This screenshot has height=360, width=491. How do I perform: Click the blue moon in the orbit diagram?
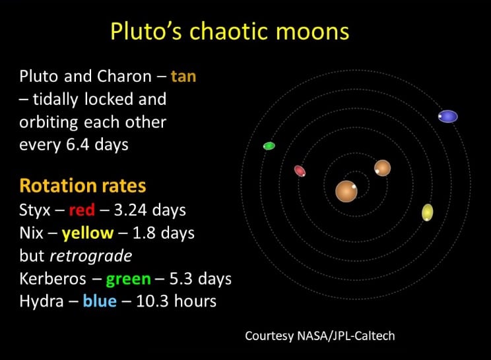(448, 116)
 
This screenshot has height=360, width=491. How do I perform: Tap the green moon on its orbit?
(269, 146)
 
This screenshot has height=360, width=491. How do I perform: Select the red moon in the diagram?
(300, 171)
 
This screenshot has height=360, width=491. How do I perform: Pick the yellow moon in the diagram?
(428, 212)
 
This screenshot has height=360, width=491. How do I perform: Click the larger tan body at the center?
(346, 191)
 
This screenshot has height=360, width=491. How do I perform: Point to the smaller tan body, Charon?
(382, 168)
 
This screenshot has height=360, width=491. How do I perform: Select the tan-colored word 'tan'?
(183, 76)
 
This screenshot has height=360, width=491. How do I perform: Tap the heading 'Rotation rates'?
(82, 185)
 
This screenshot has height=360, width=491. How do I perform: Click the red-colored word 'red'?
(82, 210)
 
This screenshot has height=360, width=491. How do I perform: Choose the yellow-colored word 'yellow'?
(88, 233)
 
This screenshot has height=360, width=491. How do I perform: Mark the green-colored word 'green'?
(129, 279)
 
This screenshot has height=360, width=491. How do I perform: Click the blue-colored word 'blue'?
(100, 301)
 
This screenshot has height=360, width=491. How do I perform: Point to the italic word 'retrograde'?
(91, 256)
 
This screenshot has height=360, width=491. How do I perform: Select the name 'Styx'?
(35, 210)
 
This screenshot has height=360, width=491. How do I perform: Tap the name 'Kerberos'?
(53, 279)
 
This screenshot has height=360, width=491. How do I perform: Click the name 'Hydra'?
(42, 301)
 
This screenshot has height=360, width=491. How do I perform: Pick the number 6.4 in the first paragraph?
(78, 145)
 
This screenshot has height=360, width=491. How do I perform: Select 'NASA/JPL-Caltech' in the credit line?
(346, 336)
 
